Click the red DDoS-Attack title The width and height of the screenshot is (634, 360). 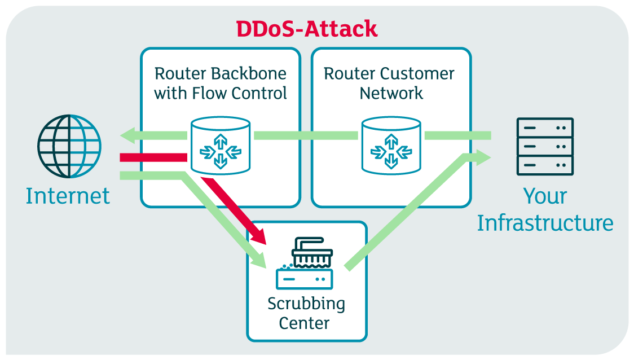click(x=307, y=28)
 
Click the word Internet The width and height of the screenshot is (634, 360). click(x=68, y=196)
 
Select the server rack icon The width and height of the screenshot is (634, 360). click(x=545, y=147)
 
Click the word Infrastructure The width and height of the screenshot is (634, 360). click(x=545, y=223)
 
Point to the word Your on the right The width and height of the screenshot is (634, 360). click(x=545, y=196)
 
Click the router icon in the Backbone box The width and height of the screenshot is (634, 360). click(x=221, y=146)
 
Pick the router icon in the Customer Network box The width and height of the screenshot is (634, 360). click(x=391, y=146)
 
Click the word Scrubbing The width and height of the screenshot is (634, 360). click(x=306, y=304)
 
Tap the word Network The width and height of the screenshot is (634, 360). click(x=391, y=93)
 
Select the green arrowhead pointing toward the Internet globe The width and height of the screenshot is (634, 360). click(x=129, y=135)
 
